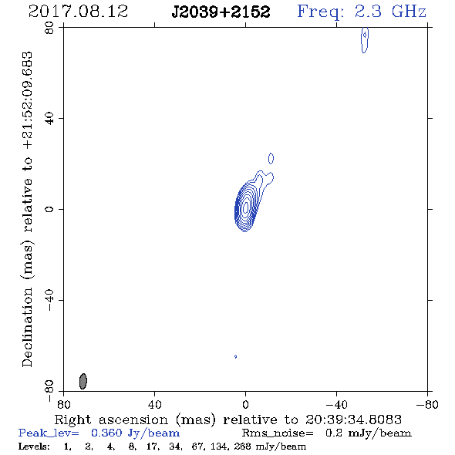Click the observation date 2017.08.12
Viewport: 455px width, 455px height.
click(78, 12)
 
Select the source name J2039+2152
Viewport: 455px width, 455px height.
click(221, 12)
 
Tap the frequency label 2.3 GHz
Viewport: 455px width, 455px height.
click(390, 12)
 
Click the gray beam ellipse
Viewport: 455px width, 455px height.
click(83, 381)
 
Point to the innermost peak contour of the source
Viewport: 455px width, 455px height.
click(246, 207)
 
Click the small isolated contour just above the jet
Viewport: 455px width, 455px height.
click(271, 158)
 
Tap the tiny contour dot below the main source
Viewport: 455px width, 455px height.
click(235, 356)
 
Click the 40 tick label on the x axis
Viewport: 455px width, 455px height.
click(155, 404)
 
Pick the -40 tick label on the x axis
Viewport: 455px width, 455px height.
click(336, 404)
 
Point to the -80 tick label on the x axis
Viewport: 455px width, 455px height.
click(427, 404)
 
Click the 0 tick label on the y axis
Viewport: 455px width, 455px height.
click(49, 209)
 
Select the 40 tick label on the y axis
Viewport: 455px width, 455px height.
click(49, 119)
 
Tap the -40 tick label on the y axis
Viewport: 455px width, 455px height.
click(49, 300)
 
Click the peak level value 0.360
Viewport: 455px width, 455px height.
click(106, 433)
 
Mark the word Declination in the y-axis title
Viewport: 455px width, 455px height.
click(27, 327)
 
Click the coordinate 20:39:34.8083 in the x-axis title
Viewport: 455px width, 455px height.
click(353, 420)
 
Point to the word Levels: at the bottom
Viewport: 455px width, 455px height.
click(34, 446)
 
